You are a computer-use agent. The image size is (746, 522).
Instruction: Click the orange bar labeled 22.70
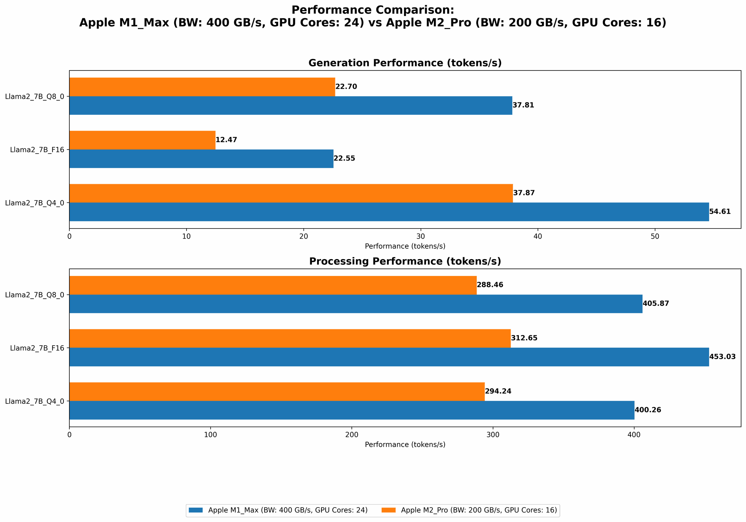point(202,87)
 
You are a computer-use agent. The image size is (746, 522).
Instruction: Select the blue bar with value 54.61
point(389,212)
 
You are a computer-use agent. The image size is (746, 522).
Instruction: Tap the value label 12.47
point(226,140)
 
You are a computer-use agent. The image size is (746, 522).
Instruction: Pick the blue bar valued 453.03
point(389,357)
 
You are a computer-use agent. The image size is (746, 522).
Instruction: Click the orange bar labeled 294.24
point(277,391)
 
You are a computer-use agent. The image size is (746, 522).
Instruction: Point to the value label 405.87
point(656,304)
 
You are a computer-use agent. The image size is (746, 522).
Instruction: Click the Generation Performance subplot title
point(405,63)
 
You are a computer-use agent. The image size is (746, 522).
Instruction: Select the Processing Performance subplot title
point(405,261)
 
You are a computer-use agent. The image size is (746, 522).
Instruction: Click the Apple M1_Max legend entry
point(278,510)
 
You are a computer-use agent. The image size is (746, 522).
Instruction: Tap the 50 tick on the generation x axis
point(655,236)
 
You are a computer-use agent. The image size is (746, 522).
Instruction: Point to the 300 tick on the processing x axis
point(493,434)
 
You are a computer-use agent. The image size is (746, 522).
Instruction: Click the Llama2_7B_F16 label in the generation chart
point(37,150)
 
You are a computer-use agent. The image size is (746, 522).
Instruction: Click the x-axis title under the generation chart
point(405,246)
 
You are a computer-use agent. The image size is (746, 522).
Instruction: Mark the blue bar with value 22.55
point(201,159)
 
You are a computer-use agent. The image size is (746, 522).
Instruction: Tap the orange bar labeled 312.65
point(290,338)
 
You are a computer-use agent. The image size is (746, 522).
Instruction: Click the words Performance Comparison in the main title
point(372,10)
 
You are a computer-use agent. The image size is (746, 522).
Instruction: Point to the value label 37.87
point(524,193)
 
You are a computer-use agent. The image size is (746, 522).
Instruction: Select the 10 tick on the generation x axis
point(186,236)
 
